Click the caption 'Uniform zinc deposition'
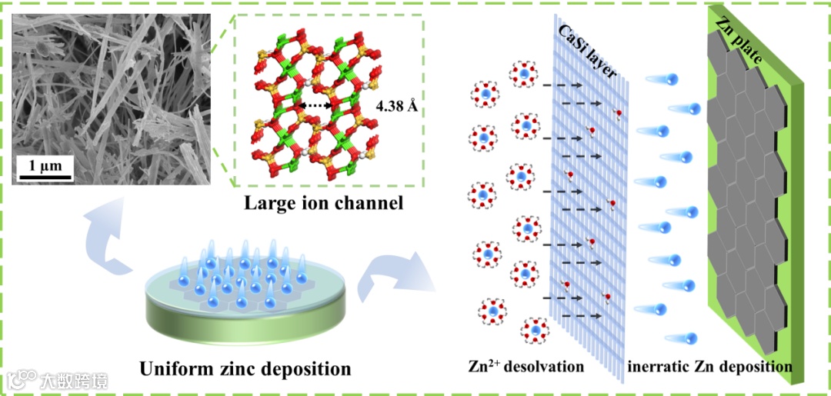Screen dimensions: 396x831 [x=245, y=368]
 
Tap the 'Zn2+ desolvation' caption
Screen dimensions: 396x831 [x=526, y=366]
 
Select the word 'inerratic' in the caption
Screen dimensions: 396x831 [x=659, y=366]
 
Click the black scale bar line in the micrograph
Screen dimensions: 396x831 [x=45, y=178]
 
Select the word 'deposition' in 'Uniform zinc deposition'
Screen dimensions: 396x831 [x=303, y=368]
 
